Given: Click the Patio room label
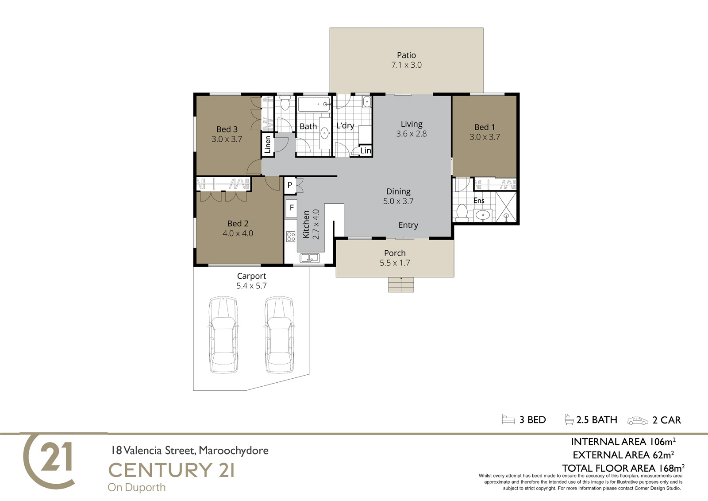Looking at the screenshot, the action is (406, 55).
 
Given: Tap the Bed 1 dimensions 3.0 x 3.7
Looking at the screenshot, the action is (485, 137).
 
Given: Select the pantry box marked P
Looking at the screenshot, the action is (290, 185).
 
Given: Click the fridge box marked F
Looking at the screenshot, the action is (292, 208).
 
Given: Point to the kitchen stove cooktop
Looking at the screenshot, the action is (291, 237).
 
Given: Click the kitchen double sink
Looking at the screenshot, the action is (310, 258).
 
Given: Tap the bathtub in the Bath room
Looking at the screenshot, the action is (314, 104).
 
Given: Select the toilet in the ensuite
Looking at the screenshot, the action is (462, 214).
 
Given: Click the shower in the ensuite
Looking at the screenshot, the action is (506, 207).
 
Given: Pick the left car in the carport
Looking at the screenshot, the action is (223, 334).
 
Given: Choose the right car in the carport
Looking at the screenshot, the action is (279, 334).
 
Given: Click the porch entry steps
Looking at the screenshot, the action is (401, 284).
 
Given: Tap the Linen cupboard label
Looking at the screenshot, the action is (267, 144).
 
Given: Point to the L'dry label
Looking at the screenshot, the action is (345, 126).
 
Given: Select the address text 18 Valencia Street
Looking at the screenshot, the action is (153, 451).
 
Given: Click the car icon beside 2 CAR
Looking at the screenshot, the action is (638, 421).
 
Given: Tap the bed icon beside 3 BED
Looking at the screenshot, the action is (508, 419).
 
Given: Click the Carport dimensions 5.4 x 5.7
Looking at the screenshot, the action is (251, 286).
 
